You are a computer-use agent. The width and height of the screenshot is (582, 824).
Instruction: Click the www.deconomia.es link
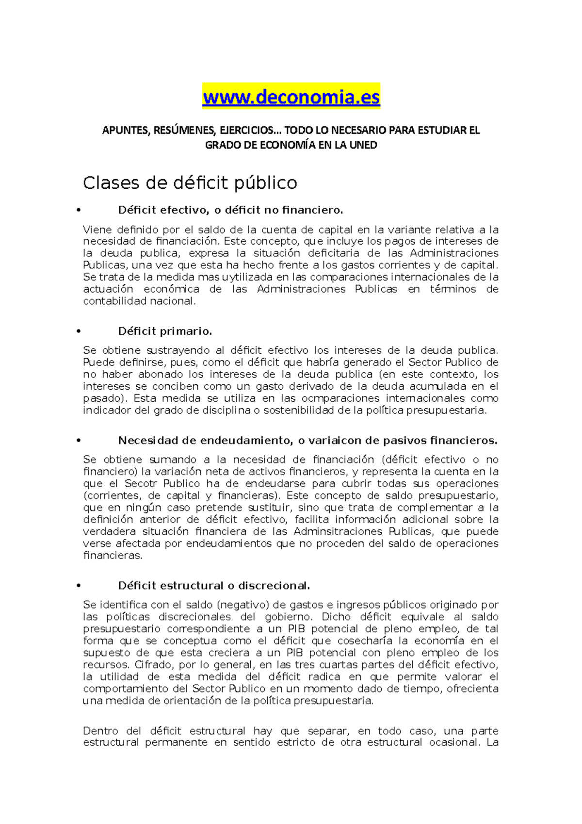tap(291, 98)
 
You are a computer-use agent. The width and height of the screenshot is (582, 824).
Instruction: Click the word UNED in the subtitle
tap(363, 145)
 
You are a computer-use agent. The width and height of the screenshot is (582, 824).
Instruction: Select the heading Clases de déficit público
tap(190, 183)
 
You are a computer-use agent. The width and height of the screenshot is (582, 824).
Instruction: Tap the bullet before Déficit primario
tap(78, 331)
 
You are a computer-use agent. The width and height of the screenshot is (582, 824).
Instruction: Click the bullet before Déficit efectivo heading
tap(78, 211)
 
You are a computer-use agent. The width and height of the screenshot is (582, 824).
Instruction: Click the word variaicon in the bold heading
tap(332, 441)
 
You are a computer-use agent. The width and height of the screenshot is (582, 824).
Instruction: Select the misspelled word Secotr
tap(141, 484)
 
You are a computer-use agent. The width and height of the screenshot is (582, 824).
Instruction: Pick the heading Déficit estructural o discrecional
tap(214, 586)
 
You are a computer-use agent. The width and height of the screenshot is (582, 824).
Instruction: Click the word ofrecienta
tap(472, 689)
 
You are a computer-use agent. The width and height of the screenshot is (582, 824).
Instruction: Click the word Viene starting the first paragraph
tap(97, 230)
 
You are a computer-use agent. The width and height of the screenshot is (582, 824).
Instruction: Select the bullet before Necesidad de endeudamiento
tap(78, 441)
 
